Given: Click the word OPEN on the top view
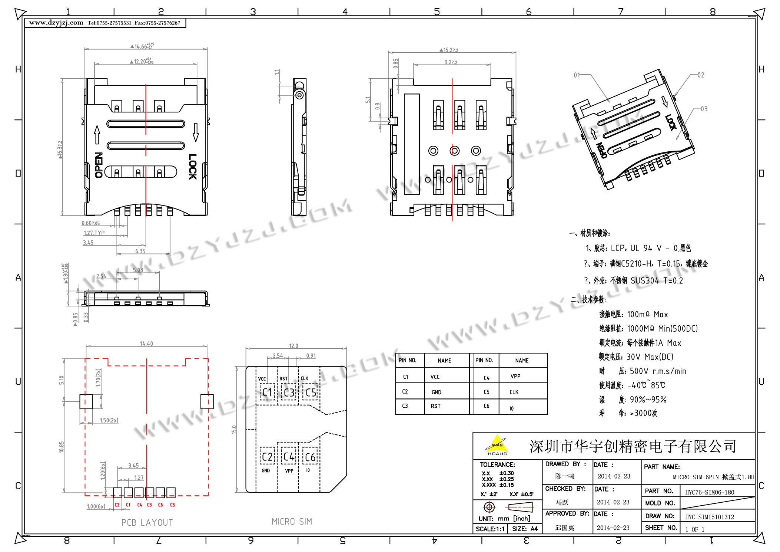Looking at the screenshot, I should (x=99, y=165).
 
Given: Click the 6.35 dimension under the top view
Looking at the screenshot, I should (x=140, y=251).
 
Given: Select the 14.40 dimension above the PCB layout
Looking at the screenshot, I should (x=146, y=344).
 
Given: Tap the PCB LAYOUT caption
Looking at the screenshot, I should (x=147, y=522).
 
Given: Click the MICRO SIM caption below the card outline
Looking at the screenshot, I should (x=292, y=522).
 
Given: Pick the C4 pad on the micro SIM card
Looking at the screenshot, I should (x=289, y=456).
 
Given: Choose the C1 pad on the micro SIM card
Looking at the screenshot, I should (x=267, y=392).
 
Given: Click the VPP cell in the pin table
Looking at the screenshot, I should (x=515, y=376).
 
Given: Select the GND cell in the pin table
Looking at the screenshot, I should (x=436, y=392).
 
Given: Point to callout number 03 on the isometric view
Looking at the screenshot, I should (x=704, y=109).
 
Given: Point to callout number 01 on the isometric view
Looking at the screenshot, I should (x=577, y=75).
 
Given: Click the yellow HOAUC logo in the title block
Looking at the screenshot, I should (x=497, y=445).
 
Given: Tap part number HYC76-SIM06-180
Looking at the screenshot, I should (x=709, y=492).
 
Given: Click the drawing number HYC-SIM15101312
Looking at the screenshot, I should (x=709, y=517).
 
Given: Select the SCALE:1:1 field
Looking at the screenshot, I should (x=490, y=529).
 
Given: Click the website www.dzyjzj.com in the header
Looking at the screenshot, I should (x=56, y=23).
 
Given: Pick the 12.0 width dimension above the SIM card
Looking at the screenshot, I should (x=293, y=346).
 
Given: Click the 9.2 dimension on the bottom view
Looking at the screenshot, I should (x=451, y=62).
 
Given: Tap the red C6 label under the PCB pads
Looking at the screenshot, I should (x=160, y=505).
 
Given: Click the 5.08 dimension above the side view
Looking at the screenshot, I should (x=138, y=270).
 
